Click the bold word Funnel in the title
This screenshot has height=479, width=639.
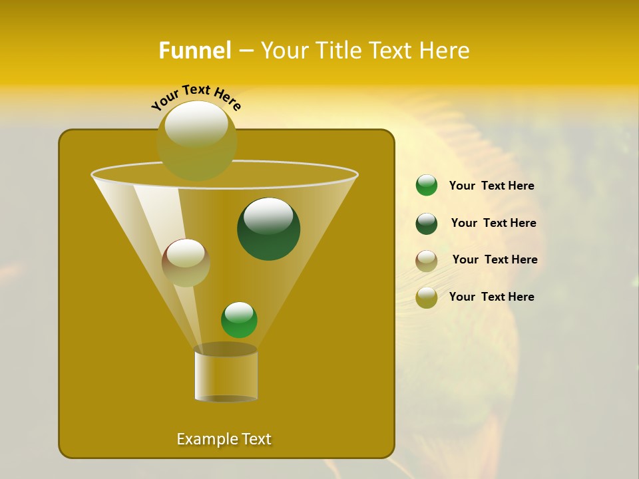coord(195,51)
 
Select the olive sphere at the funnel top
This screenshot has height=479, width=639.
coord(197,141)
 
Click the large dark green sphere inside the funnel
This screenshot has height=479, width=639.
coord(268,230)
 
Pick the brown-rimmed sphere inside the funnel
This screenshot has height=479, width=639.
coord(186,263)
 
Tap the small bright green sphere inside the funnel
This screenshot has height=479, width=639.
coord(239,320)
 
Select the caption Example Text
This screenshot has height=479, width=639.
coord(224,439)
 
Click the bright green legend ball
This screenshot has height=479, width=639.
coord(427,186)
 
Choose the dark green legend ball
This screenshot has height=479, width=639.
coord(427,224)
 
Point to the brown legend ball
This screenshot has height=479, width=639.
coord(427,260)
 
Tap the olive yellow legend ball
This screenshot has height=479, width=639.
coord(427,297)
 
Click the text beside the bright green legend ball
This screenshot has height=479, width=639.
coord(491,186)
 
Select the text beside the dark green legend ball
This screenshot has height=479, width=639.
coord(493,224)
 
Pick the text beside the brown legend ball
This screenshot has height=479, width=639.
coord(495,260)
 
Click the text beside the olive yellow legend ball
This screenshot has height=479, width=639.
coord(491,297)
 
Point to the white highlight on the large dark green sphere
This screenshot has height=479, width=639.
coord(268,216)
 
